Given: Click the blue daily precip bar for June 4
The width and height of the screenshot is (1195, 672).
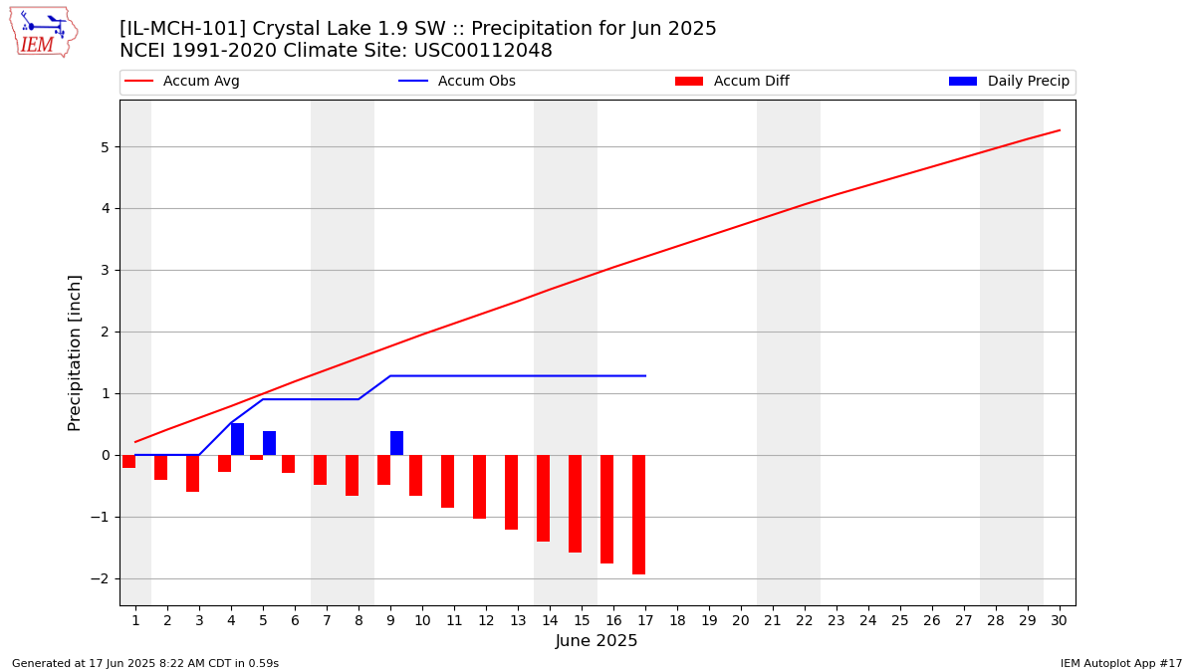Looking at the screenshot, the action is pos(237,439).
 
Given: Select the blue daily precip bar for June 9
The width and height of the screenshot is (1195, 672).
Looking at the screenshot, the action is pos(397,443).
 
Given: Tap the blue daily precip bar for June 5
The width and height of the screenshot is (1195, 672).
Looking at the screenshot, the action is pos(270,443).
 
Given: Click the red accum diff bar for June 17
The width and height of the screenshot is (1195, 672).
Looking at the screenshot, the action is pos(638,515).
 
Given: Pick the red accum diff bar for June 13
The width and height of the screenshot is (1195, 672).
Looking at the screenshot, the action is pos(511,492).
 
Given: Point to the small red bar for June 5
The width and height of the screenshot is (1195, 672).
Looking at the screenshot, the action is pos(257,458).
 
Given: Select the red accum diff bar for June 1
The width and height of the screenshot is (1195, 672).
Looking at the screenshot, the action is pos(129,461).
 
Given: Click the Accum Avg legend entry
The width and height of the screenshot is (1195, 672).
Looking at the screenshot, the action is pos(182,81).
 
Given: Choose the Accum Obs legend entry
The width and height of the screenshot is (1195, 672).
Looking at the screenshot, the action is pos(457,81).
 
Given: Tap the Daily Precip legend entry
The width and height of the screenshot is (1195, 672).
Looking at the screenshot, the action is pos(1010,81).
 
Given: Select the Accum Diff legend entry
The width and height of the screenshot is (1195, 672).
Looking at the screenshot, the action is pos(732,81).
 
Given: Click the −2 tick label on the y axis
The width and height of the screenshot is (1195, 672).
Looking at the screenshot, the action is pos(100,578).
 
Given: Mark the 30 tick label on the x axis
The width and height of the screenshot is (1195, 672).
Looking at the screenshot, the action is pos(1059,621).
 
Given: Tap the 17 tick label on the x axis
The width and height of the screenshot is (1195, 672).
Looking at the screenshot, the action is pos(645,621).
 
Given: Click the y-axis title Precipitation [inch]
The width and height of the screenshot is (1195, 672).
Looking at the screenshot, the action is pos(74,353).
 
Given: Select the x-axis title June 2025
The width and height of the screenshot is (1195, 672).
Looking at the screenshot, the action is pos(597,640).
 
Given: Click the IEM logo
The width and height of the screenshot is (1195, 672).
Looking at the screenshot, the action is pos(43,33).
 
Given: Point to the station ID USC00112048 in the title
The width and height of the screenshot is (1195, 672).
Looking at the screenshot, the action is pos(483,51).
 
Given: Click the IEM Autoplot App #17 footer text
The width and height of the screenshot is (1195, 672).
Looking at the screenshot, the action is pos(1121,663).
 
